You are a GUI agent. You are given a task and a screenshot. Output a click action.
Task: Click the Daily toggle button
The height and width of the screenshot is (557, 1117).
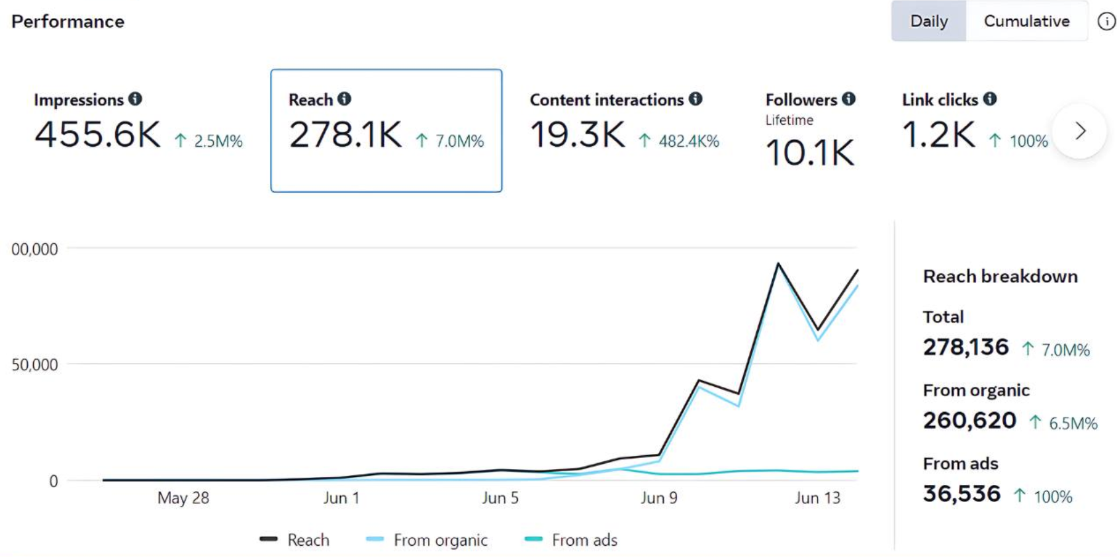pos(928,21)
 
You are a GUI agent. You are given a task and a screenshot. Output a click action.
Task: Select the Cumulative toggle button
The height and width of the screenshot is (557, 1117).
pos(1026,21)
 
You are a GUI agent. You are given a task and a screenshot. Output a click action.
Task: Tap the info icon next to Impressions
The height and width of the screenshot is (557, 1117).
pos(135,99)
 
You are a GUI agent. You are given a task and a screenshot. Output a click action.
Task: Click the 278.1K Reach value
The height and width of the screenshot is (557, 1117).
pos(345,135)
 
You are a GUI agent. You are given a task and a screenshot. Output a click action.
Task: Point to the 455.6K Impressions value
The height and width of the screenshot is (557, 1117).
pos(97,135)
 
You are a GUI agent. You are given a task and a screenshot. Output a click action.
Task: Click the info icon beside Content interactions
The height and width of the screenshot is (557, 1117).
pos(695,99)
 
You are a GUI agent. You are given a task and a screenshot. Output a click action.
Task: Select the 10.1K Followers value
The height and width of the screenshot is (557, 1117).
pos(810,153)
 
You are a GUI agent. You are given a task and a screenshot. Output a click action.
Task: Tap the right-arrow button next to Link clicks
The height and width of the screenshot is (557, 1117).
pos(1080,131)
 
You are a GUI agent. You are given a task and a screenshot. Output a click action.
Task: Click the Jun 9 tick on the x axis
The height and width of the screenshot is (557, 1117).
pos(658,498)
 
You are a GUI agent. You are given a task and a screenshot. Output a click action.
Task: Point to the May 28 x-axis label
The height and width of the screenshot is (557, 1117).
pos(183,498)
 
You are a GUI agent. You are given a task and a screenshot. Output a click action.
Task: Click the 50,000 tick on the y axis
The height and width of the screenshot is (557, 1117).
pos(34,364)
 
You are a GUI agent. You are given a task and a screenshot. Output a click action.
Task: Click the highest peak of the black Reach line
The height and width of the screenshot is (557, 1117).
pos(778,264)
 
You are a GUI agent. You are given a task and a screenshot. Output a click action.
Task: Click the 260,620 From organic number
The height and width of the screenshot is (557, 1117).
pos(969,420)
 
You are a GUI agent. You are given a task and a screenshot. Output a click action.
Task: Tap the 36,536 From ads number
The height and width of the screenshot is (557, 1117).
pos(961,493)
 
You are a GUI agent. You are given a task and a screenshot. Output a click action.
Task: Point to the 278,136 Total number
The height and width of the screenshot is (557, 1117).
pos(965,347)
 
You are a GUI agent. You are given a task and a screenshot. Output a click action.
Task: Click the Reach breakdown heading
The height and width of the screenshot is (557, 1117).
pos(1000,277)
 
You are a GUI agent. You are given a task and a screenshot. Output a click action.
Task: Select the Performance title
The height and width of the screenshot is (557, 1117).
pos(67,22)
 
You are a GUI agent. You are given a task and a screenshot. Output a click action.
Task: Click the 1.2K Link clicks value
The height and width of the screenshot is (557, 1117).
pos(938,135)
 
